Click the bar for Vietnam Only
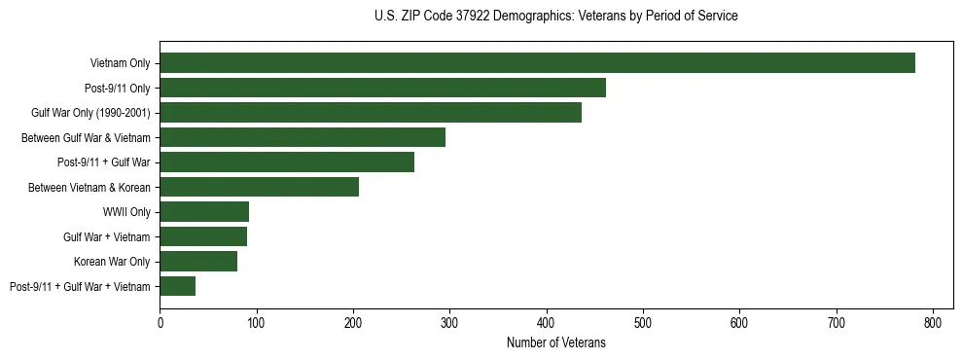click(x=537, y=63)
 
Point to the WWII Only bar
click(x=204, y=211)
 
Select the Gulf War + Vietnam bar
click(x=203, y=236)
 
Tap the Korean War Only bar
click(x=198, y=261)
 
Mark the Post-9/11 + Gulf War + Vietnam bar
click(x=178, y=286)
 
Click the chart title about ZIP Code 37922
click(x=555, y=17)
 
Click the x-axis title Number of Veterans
click(x=555, y=342)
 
